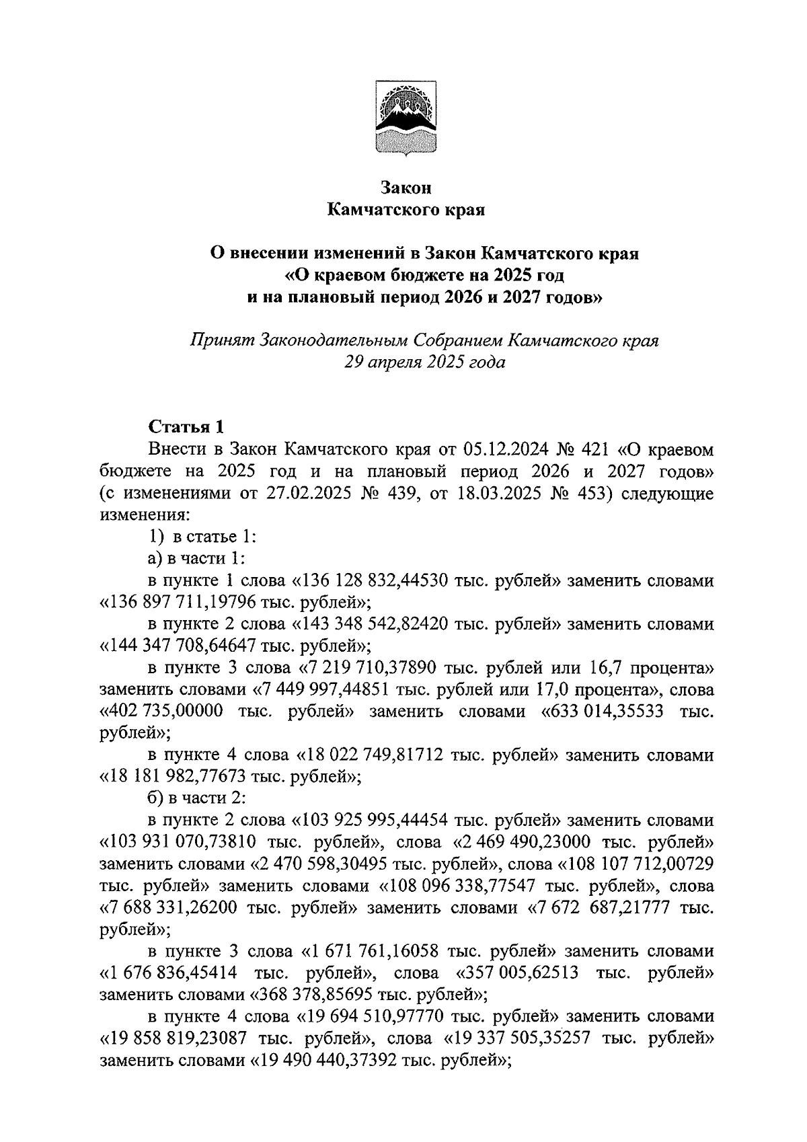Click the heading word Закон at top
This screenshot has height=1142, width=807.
coord(406,187)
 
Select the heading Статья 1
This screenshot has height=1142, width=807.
coord(185,426)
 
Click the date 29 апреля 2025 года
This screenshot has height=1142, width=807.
coord(424,363)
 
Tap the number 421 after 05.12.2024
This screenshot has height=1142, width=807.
coord(592,449)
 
